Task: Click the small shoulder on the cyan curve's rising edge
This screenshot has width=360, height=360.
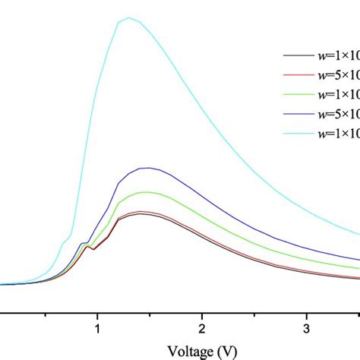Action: [x=64, y=242]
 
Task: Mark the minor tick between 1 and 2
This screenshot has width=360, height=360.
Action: [x=150, y=313]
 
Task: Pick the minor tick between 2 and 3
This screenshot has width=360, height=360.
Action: [x=254, y=313]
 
